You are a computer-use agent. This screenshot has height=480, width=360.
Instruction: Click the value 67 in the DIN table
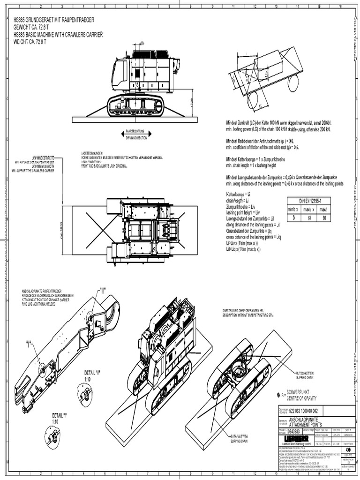pyautogui.click(x=308, y=217)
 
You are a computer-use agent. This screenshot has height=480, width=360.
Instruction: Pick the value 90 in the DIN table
pyautogui.click(x=323, y=217)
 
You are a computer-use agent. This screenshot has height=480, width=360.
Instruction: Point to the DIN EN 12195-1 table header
pyautogui.click(x=308, y=201)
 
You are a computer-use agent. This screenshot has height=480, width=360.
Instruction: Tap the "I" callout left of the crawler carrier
pyautogui.click(x=29, y=342)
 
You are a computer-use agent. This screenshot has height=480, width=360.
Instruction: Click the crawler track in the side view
pyautogui.click(x=135, y=106)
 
